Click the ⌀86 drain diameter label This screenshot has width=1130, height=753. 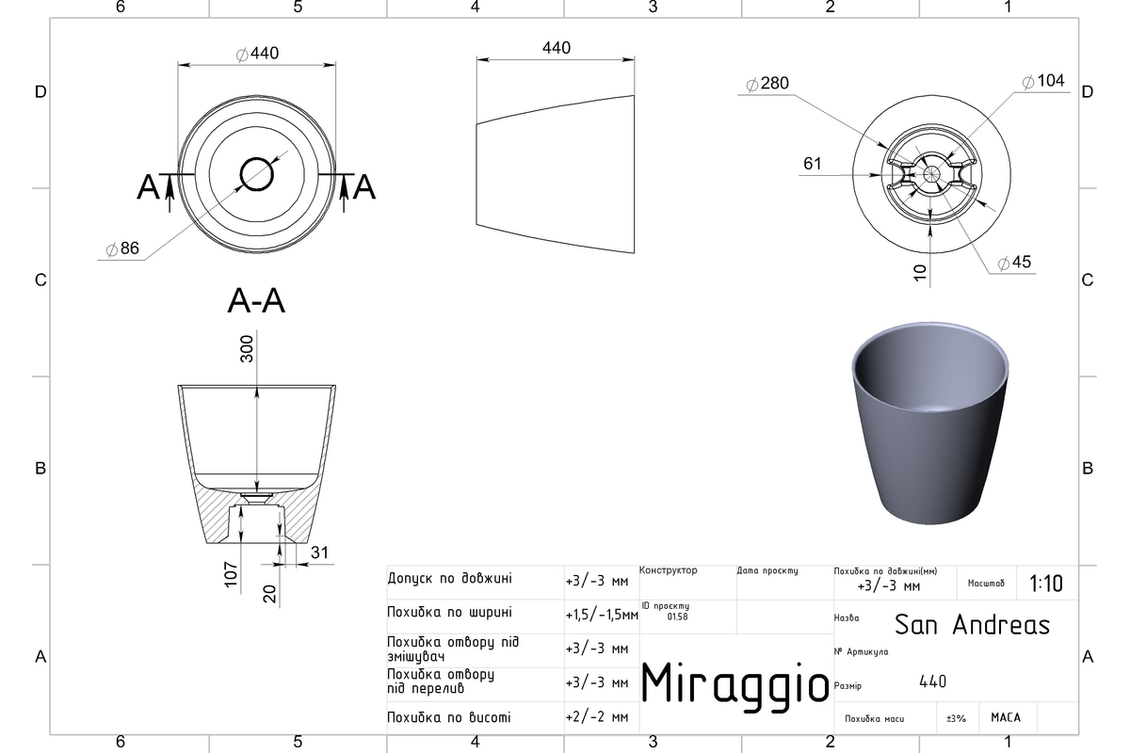pyautogui.click(x=122, y=248)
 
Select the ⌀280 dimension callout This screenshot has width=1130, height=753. pyautogui.click(x=767, y=83)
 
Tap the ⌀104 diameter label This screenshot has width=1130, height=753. pyautogui.click(x=1043, y=81)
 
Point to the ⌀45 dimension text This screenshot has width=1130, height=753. pyautogui.click(x=1014, y=263)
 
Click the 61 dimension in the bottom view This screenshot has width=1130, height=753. pyautogui.click(x=812, y=164)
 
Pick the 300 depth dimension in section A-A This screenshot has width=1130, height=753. pyautogui.click(x=247, y=349)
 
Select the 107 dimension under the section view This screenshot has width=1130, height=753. pyautogui.click(x=231, y=574)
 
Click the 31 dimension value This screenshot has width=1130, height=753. pyautogui.click(x=319, y=553)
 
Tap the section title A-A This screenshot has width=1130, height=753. pyautogui.click(x=256, y=301)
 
